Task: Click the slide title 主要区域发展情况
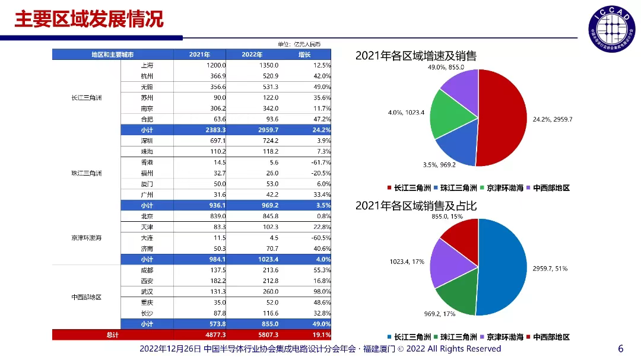[89, 19]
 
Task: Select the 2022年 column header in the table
[252, 55]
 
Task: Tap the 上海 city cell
[147, 65]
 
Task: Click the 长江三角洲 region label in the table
[86, 98]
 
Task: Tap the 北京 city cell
[147, 216]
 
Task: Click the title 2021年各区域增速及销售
[415, 56]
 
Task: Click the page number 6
[621, 348]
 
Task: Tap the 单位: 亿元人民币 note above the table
[299, 44]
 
